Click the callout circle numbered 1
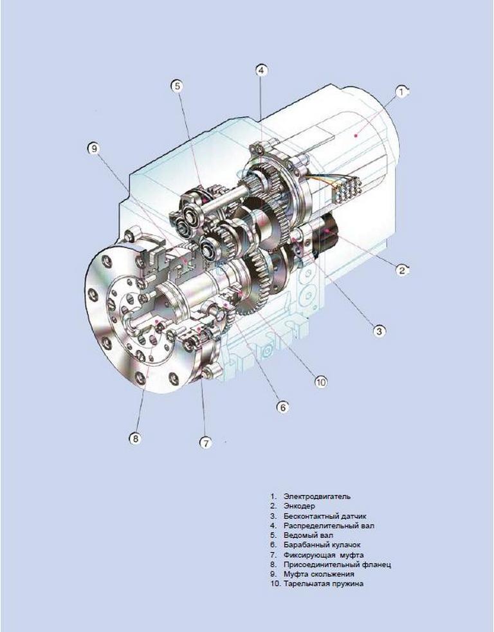pyautogui.click(x=401, y=92)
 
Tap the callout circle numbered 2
pyautogui.click(x=402, y=270)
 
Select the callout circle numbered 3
pyautogui.click(x=379, y=331)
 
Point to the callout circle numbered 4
pyautogui.click(x=262, y=71)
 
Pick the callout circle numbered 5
pyautogui.click(x=178, y=86)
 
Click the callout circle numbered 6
pyautogui.click(x=282, y=407)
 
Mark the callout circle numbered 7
pyautogui.click(x=205, y=443)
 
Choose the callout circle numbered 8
pyautogui.click(x=135, y=438)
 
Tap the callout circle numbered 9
pyautogui.click(x=94, y=149)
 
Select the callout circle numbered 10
pyautogui.click(x=321, y=382)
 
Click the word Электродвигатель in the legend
pyautogui.click(x=317, y=497)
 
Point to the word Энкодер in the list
pyautogui.click(x=299, y=507)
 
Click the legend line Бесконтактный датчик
pyautogui.click(x=325, y=516)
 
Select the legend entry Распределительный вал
pyautogui.click(x=329, y=526)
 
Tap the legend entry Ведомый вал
pyautogui.click(x=308, y=535)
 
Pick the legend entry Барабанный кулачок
pyautogui.click(x=322, y=545)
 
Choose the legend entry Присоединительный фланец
pyautogui.click(x=337, y=564)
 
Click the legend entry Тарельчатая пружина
pyautogui.click(x=324, y=584)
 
